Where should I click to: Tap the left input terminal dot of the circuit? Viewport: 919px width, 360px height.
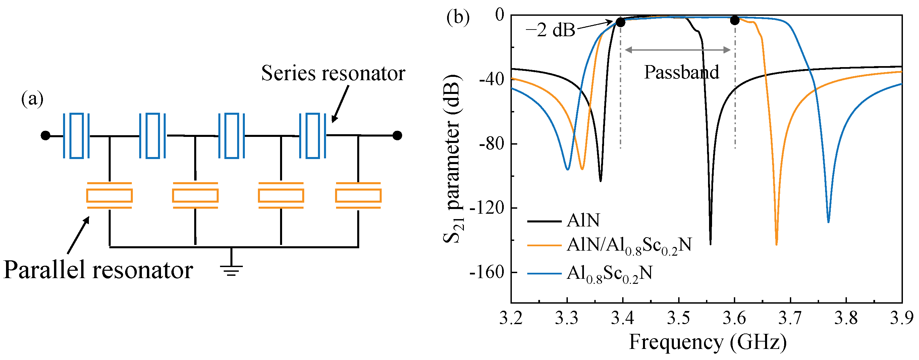(x=45, y=136)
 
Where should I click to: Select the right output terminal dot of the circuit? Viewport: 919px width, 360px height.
(x=397, y=136)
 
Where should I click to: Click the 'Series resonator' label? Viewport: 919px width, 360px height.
(x=333, y=73)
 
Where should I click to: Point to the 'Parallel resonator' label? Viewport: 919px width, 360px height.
(x=98, y=270)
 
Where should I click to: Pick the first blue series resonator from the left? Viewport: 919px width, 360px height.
(x=76, y=136)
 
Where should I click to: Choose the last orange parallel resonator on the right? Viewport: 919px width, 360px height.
(x=358, y=196)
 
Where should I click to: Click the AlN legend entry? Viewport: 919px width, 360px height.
(x=583, y=220)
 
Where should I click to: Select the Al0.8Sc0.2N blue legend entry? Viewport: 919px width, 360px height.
(x=609, y=274)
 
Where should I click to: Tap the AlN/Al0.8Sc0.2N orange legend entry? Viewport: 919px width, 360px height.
(x=629, y=246)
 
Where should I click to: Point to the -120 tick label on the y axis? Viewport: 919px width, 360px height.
(x=487, y=208)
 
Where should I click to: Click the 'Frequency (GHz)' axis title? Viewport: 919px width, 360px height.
(x=707, y=342)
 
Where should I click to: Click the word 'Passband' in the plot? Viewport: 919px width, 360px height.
(x=682, y=72)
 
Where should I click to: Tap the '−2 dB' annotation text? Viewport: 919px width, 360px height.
(x=550, y=30)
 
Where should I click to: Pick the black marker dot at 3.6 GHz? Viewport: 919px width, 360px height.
(x=735, y=20)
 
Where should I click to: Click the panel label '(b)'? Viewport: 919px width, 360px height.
(x=458, y=17)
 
